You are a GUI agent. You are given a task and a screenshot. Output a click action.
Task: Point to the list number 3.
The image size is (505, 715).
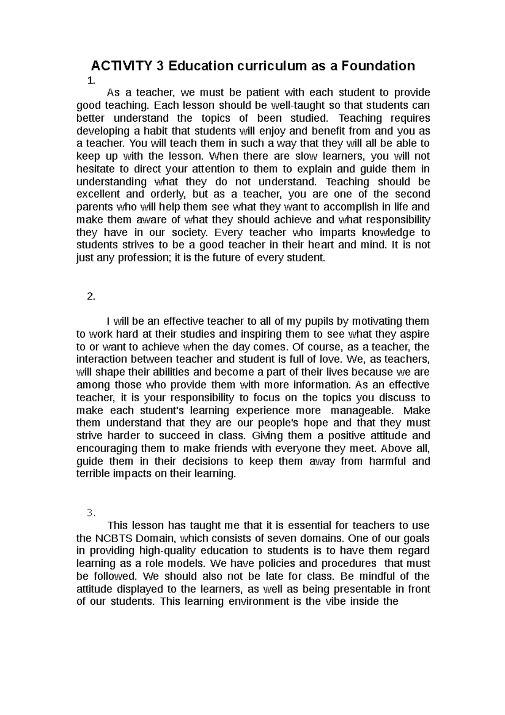click(91, 513)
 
